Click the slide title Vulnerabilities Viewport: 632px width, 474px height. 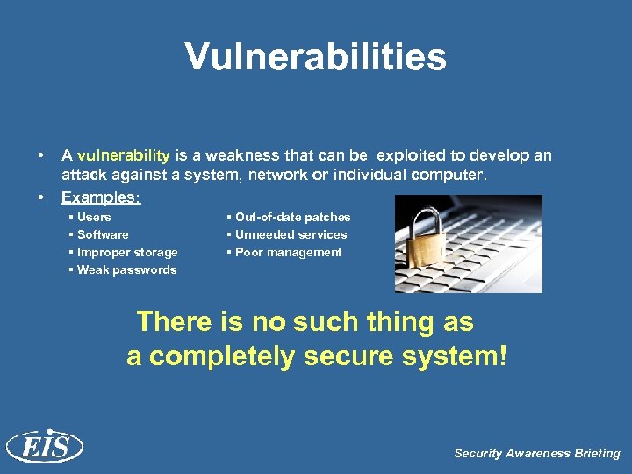coord(315,58)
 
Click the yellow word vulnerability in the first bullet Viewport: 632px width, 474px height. coord(124,155)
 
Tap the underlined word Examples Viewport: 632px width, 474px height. coord(100,197)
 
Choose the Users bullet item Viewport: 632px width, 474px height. coord(94,217)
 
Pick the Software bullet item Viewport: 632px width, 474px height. coord(103,234)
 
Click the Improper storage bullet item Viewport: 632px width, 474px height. coord(127,252)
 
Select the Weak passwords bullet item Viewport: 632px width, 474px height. coord(126,269)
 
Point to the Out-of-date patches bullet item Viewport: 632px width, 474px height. coord(292,217)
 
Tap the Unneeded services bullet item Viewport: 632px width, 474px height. coord(291,234)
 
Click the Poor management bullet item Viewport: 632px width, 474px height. coord(288,252)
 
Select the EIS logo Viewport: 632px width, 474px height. coord(44,447)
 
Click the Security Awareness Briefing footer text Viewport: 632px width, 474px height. coord(536,453)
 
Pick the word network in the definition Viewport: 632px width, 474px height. coord(280,175)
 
